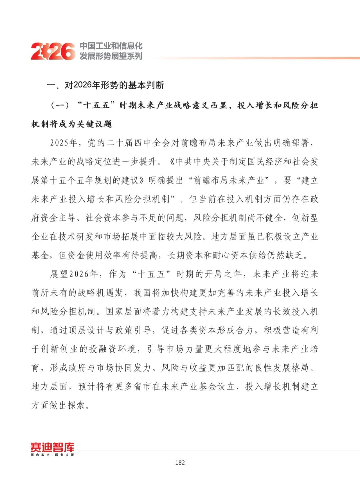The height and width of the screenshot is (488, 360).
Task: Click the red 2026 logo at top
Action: click(53, 51)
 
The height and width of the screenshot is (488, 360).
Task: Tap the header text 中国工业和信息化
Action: click(111, 46)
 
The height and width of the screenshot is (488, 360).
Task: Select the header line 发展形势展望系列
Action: click(111, 56)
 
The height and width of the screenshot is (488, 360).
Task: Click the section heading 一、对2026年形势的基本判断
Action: click(105, 85)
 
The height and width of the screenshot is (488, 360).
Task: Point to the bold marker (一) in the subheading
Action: click(60, 106)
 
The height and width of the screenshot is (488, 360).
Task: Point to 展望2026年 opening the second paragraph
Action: click(74, 274)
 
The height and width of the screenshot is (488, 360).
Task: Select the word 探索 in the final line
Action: click(77, 405)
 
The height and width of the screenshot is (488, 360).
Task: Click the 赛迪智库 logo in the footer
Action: click(52, 448)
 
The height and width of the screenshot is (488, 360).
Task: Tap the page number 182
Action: click(180, 462)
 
